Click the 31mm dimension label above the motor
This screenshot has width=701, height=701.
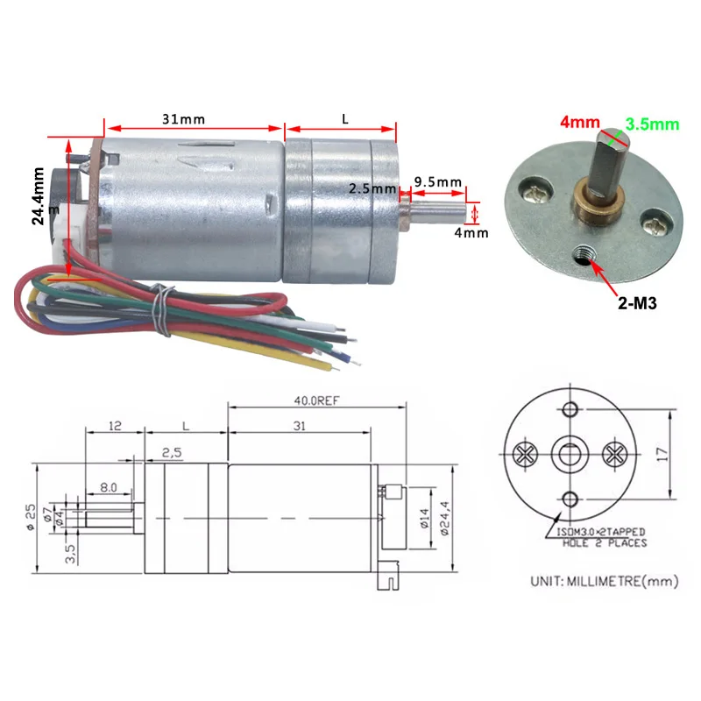(x=183, y=119)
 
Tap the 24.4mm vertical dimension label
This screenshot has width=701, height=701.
(x=39, y=195)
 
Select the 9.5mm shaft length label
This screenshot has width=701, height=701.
(x=437, y=182)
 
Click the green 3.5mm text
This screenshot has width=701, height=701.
(x=652, y=124)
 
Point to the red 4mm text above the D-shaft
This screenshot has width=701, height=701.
(x=580, y=122)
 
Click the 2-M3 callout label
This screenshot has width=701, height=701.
(x=637, y=303)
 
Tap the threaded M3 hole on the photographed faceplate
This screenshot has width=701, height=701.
(x=584, y=254)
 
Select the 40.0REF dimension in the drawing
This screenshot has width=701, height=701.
(x=316, y=400)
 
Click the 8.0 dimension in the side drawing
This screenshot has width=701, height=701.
(x=108, y=487)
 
